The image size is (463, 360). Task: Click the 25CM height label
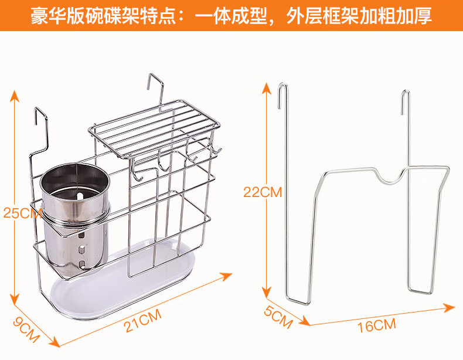(x=22, y=213)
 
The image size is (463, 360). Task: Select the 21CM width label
(x=142, y=321)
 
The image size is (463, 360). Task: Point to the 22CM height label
(x=263, y=192)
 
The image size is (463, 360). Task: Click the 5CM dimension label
(x=278, y=317)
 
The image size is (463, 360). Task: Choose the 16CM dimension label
(x=376, y=325)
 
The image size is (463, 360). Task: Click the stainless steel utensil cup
(x=74, y=217)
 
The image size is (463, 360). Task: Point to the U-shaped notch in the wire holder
(x=389, y=176)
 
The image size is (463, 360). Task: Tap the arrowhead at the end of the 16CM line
(x=450, y=307)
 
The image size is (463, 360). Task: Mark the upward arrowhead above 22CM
(x=267, y=89)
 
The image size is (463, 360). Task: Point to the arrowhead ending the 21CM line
(x=227, y=276)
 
